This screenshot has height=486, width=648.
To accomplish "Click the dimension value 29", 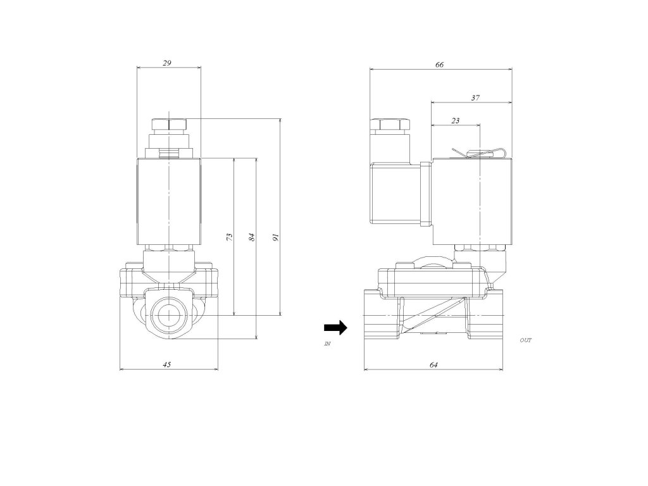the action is (x=166, y=63).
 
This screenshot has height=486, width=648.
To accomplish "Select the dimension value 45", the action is (x=166, y=364).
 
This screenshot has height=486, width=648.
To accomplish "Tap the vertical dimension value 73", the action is (x=230, y=237).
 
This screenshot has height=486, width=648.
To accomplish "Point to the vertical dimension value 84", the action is (x=252, y=237).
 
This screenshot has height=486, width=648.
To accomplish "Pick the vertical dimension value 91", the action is (x=276, y=237).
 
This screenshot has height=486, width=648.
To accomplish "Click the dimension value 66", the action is (x=439, y=65).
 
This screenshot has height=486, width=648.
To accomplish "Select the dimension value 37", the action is (x=475, y=98).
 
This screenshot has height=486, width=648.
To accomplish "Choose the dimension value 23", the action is (x=455, y=121).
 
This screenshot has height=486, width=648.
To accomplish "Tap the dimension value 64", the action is (x=433, y=364).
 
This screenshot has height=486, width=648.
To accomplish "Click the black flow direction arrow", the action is (x=335, y=327).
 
